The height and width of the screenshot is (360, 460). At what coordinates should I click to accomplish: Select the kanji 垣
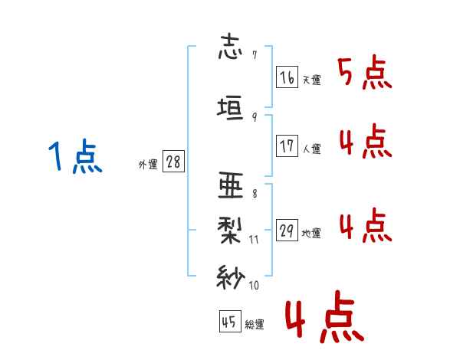coord(231,107)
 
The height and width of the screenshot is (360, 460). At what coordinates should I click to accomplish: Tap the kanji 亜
coord(231,186)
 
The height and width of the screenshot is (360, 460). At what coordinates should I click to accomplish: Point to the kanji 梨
coord(231,228)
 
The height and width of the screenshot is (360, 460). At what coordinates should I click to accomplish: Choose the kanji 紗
coord(231,276)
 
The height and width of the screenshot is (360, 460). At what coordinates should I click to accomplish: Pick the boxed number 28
coord(173,162)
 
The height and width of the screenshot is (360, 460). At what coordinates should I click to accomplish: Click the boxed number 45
coord(228,322)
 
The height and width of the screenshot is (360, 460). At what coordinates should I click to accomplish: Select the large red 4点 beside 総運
coord(323,319)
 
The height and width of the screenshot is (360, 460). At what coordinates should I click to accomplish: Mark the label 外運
coord(147,165)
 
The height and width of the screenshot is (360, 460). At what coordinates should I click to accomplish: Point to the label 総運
coord(255,325)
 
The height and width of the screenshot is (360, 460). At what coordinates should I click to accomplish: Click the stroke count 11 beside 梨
coord(254,239)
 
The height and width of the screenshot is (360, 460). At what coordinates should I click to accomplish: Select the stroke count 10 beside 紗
coord(254,286)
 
